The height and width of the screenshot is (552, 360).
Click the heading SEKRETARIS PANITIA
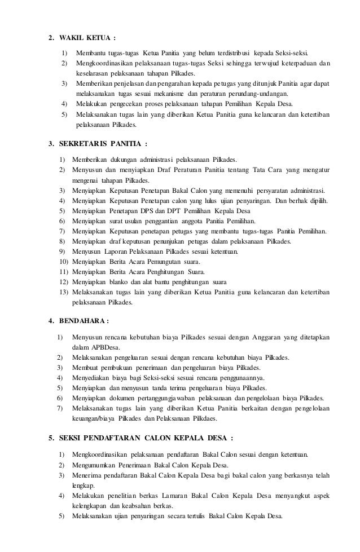pos(101,143)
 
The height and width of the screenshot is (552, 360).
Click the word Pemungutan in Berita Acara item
pos(161,262)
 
